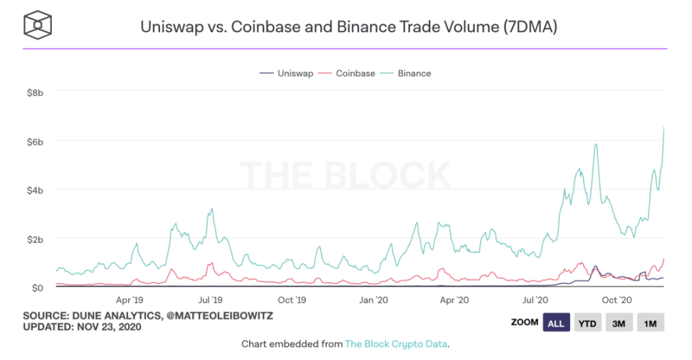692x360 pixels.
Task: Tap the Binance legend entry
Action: pos(414,73)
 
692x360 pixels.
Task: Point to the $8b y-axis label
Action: pos(36,92)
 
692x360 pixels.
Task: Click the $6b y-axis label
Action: pos(36,142)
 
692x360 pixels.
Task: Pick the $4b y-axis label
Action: pos(36,190)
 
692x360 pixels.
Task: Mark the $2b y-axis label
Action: pos(36,239)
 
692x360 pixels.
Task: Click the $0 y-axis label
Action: pos(39,287)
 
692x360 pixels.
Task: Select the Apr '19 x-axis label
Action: pos(130,301)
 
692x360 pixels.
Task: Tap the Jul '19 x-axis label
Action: pos(210,301)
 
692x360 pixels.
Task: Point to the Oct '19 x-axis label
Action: pos(292,301)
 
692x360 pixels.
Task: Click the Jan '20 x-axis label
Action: pos(374,301)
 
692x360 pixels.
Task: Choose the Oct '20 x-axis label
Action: pos(617,301)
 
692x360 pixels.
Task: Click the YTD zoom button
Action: pos(588,323)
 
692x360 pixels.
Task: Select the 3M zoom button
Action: pos(619,323)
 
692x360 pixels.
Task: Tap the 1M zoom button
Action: pos(650,323)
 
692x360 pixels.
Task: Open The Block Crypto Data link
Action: pos(397,344)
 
